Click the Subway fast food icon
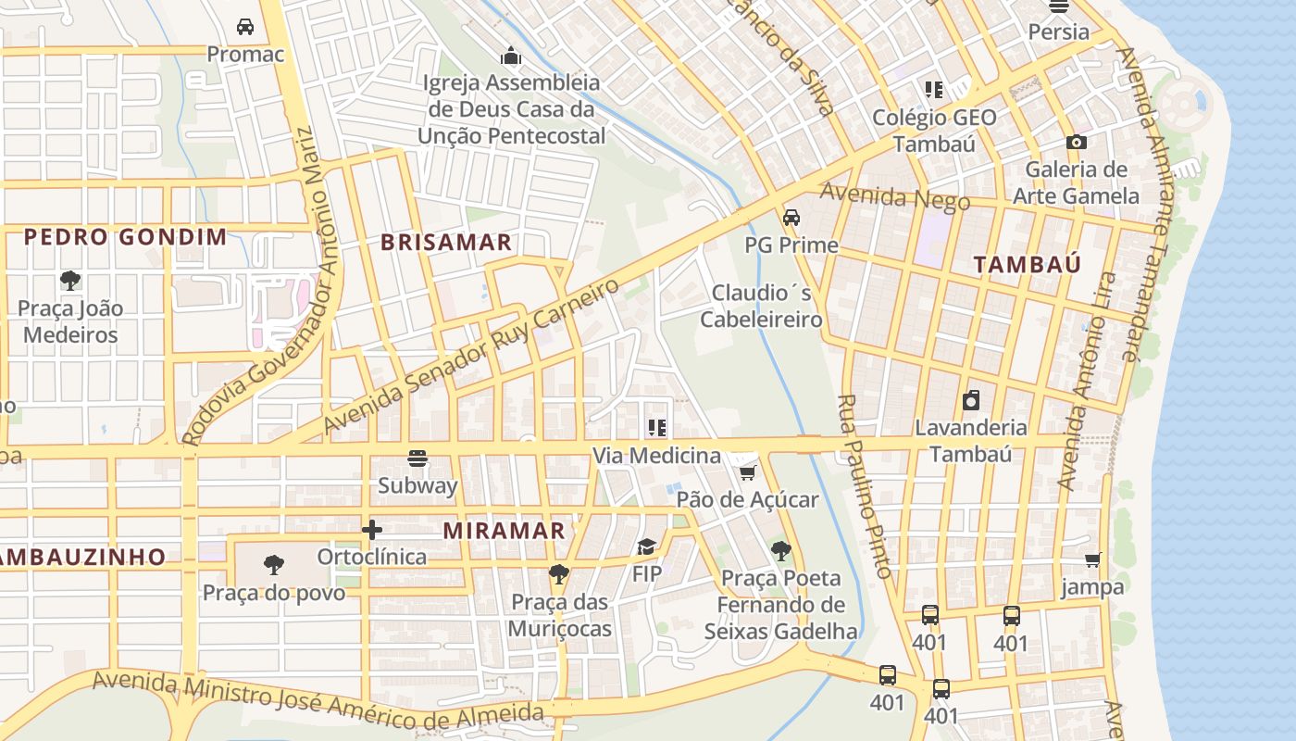tap(417, 458)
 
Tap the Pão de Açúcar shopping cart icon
tap(747, 473)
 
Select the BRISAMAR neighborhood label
tap(446, 243)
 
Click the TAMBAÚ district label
tap(1027, 264)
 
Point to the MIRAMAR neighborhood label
tap(504, 531)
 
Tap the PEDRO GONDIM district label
tap(125, 237)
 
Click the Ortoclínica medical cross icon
tap(372, 530)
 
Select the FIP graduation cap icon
tap(646, 547)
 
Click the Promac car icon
tap(245, 27)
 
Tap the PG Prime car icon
tap(791, 219)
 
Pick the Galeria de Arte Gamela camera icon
tap(1076, 143)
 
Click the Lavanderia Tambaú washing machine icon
tap(971, 400)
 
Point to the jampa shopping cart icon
tap(1093, 559)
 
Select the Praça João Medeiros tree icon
tap(69, 280)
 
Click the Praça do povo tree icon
tap(273, 564)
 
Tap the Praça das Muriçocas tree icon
tap(558, 574)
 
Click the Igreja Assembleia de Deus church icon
tap(511, 57)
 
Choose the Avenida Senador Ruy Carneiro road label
tap(471, 357)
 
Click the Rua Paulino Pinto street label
tap(865, 486)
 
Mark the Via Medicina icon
tap(657, 428)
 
